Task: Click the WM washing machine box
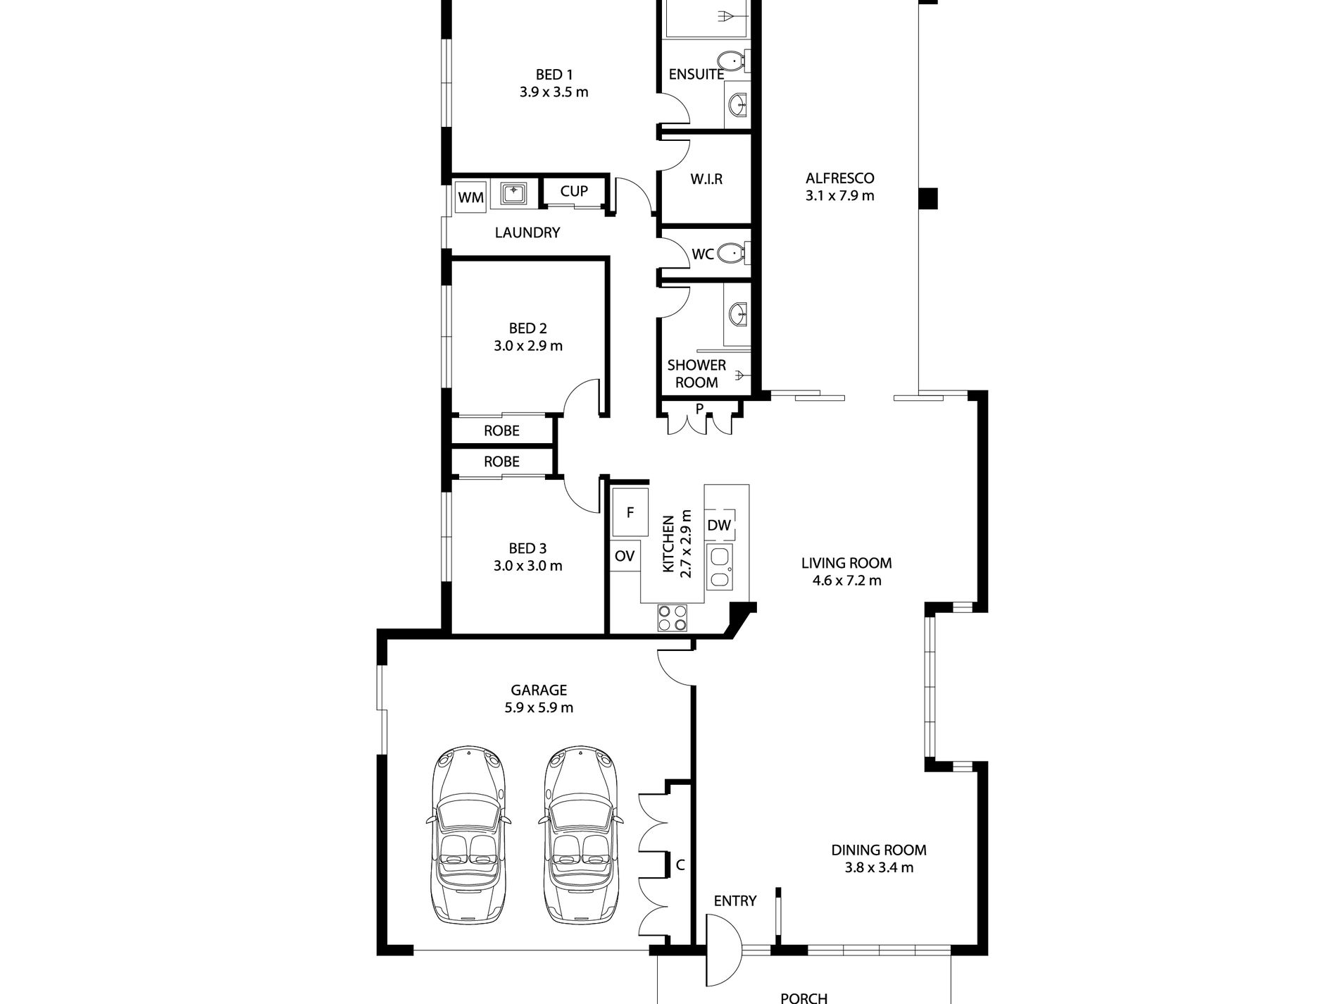click(x=471, y=197)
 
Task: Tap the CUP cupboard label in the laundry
click(x=574, y=191)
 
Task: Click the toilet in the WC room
click(x=737, y=252)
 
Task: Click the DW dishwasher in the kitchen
click(x=719, y=525)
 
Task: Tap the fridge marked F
click(x=630, y=513)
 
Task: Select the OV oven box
click(x=625, y=556)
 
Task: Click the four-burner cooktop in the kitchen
click(x=672, y=618)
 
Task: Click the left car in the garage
click(x=468, y=835)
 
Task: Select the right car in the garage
click(x=582, y=835)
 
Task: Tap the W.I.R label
click(x=706, y=179)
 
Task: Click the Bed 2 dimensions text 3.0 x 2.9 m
click(x=528, y=346)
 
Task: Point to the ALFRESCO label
click(x=840, y=178)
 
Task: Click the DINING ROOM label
click(x=879, y=850)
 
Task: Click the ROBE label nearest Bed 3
click(x=501, y=461)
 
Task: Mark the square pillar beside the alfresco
click(x=928, y=198)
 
